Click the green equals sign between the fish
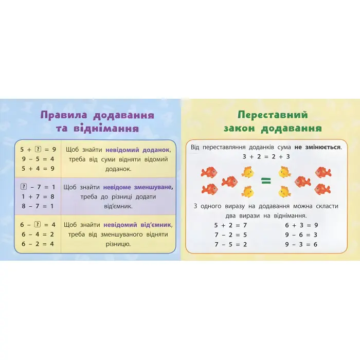[x=265, y=181]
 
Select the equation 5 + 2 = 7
[x=230, y=225]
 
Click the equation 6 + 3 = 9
[x=301, y=225]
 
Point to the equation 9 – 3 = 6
[x=301, y=244]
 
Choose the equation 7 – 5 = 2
[x=230, y=244]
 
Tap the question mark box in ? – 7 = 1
[x=24, y=187]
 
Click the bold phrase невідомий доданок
[x=137, y=150]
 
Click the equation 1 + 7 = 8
[x=37, y=196]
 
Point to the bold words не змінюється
[x=317, y=147]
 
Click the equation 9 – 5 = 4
[x=37, y=159]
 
